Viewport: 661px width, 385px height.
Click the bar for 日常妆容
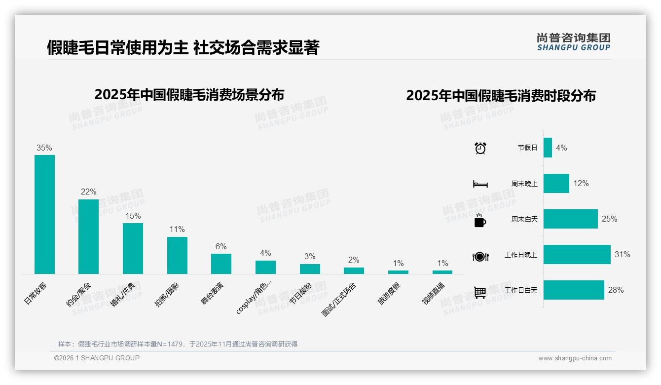coord(44,214)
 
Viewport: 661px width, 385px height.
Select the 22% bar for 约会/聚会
coord(88,236)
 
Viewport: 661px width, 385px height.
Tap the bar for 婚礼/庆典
coord(133,248)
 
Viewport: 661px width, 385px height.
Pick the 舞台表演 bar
coord(221,264)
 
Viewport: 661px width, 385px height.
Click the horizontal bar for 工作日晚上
coord(577,255)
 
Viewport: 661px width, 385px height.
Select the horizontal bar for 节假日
coord(548,148)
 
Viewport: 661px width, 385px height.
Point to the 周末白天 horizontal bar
coord(570,219)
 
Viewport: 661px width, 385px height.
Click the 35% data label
coord(44,148)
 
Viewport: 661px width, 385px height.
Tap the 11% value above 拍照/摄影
coord(177,230)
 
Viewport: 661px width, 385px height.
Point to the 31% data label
coord(622,255)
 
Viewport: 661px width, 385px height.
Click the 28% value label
coord(616,290)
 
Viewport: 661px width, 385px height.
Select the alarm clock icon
coord(480,148)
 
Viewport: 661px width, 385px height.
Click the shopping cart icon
coord(480,292)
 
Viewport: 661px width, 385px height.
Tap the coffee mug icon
coord(480,221)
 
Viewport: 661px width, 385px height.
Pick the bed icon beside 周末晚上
coord(480,184)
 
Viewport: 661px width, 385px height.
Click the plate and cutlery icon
coord(480,257)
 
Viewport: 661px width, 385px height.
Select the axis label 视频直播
coord(435,293)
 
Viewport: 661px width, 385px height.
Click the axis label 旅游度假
coord(390,293)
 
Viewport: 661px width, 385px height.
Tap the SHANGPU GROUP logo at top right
coord(573,42)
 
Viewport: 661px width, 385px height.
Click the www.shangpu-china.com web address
coord(575,358)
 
